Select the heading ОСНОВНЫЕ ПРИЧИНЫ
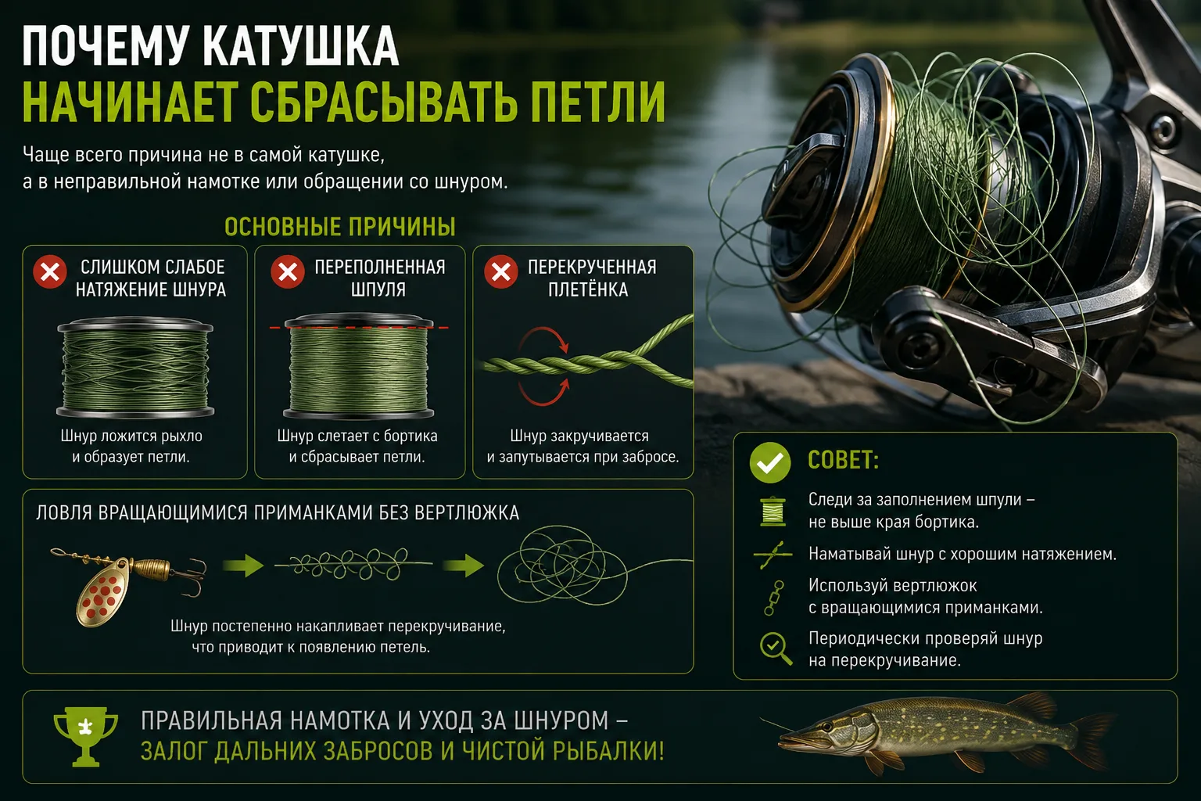point(340,227)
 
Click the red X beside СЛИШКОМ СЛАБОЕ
point(50,272)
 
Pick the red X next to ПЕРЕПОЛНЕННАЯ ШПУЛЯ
point(288,272)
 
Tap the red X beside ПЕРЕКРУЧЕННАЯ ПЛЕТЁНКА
point(500,272)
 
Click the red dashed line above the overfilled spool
point(359,327)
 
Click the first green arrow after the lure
point(243,566)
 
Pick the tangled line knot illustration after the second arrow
point(562,565)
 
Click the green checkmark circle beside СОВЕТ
point(770,462)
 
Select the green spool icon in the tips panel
point(773,511)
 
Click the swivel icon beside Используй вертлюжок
point(773,598)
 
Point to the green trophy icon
point(86,736)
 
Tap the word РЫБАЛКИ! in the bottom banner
point(608,751)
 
